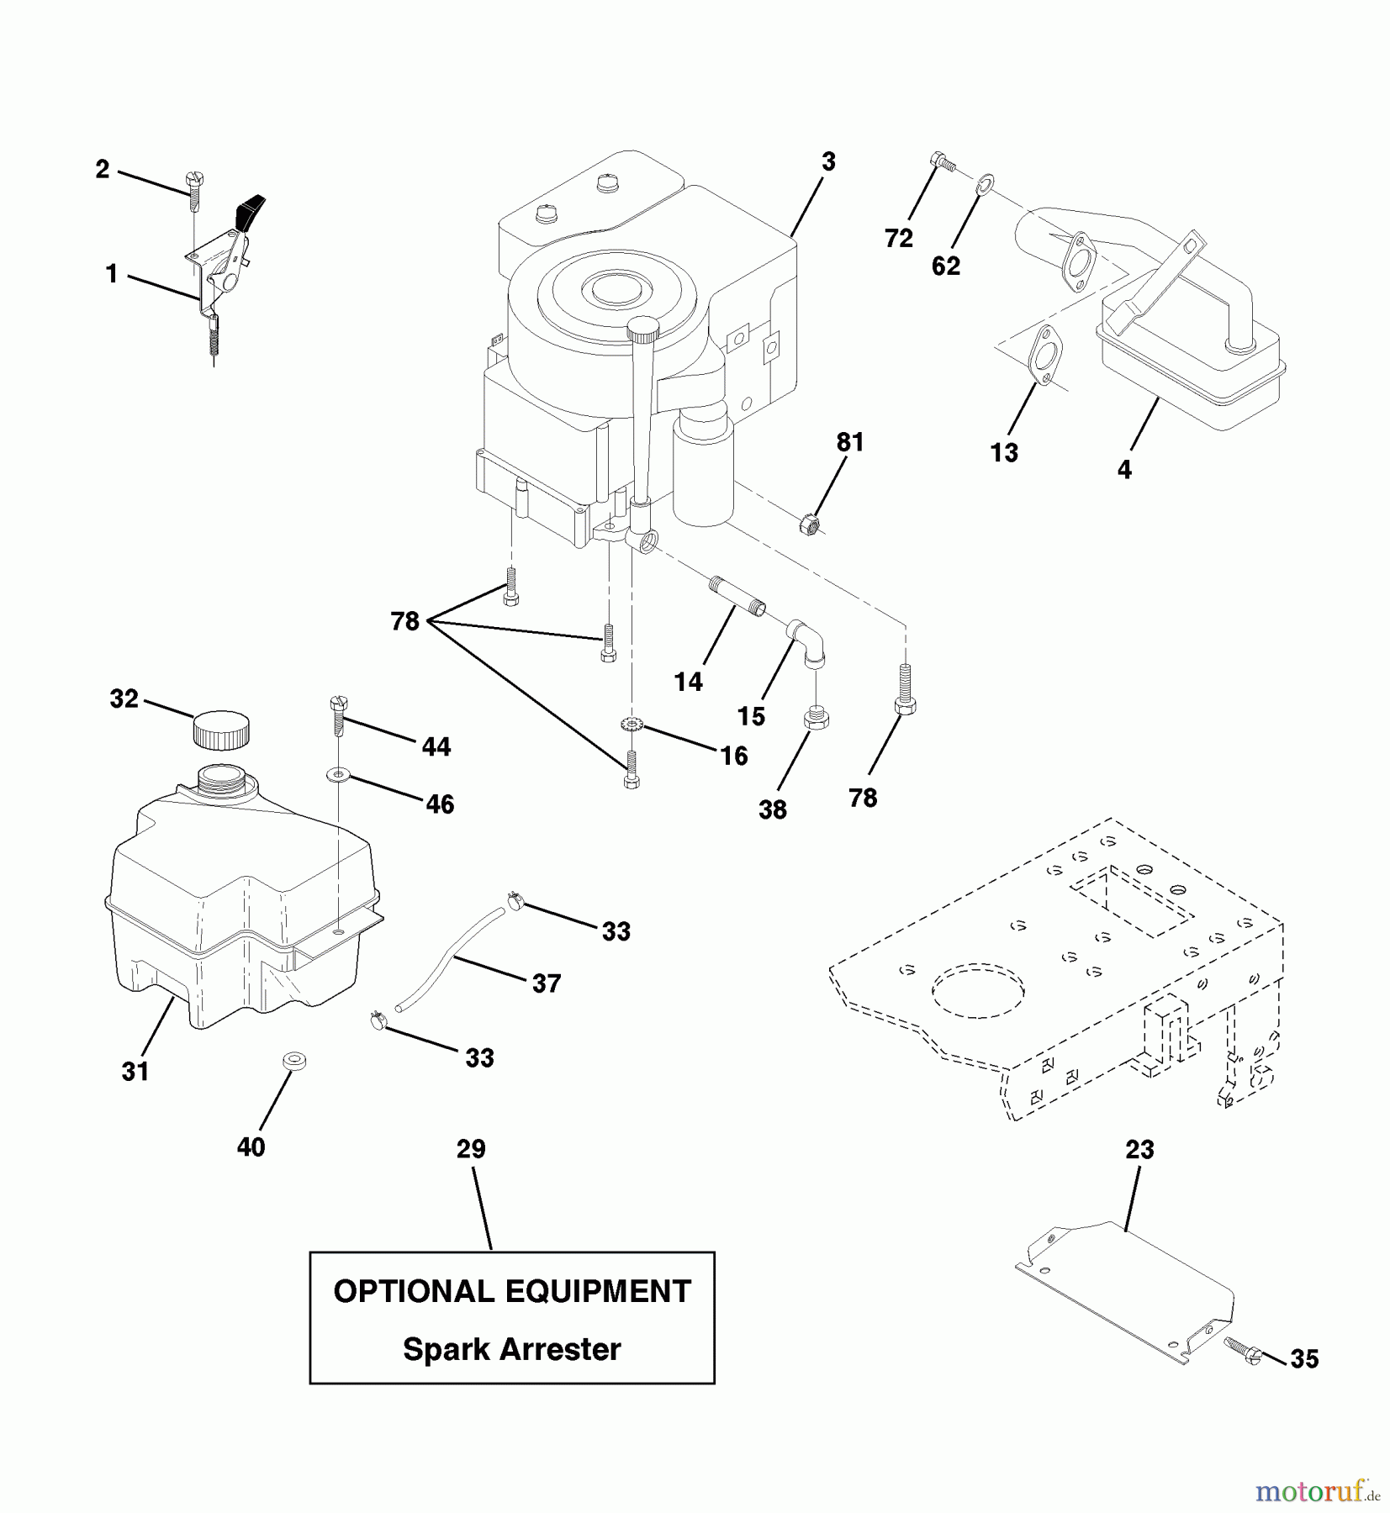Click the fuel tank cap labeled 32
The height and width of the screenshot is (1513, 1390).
(x=221, y=729)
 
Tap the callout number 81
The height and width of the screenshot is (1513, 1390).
(x=849, y=442)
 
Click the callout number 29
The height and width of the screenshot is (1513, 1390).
(x=471, y=1149)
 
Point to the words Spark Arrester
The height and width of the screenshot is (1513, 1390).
(x=511, y=1349)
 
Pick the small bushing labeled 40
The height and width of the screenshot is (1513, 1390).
(x=293, y=1060)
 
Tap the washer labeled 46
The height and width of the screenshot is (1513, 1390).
(x=338, y=773)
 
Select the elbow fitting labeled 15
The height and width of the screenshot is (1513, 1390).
(x=807, y=644)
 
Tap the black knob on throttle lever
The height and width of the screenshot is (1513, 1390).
(x=252, y=213)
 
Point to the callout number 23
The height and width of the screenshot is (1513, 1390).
(x=1139, y=1150)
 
